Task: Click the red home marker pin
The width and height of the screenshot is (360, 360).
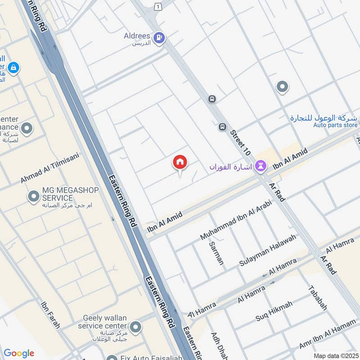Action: [180, 162]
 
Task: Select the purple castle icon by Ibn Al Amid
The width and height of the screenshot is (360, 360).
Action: [260, 166]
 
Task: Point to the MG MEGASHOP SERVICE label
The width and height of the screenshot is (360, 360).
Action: [70, 194]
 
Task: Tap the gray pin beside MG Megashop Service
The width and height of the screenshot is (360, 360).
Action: [33, 196]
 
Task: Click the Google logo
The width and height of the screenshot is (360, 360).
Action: [19, 353]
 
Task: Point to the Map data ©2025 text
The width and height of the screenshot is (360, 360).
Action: [335, 355]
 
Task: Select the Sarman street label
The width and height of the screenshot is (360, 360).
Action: [216, 253]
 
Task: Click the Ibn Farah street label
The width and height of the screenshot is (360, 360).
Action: [50, 315]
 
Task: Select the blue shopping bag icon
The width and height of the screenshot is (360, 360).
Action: [14, 67]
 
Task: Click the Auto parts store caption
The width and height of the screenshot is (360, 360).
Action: [335, 125]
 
